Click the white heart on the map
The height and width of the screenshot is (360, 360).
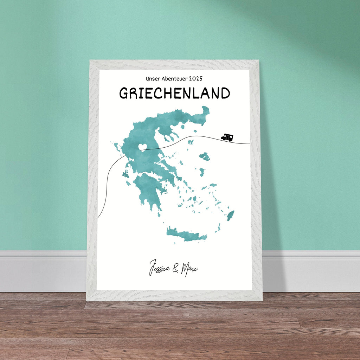(x=142, y=147)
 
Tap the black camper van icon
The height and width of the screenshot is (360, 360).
(x=227, y=137)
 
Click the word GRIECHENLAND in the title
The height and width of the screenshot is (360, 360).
(x=174, y=93)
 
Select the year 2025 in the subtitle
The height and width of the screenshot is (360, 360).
(x=195, y=79)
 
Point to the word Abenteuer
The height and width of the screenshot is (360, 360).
(x=173, y=79)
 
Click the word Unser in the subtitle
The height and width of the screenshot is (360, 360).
(x=153, y=79)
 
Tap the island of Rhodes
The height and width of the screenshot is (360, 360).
(x=231, y=215)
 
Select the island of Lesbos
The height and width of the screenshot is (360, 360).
(x=205, y=156)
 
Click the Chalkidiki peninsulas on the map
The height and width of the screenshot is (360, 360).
(x=167, y=133)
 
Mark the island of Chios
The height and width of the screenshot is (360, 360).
(x=202, y=172)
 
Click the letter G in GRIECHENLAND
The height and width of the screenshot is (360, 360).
(x=124, y=93)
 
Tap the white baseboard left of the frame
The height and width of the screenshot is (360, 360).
(x=42, y=271)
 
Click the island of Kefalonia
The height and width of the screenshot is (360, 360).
(x=125, y=174)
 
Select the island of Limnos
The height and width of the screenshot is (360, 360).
(x=191, y=142)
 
